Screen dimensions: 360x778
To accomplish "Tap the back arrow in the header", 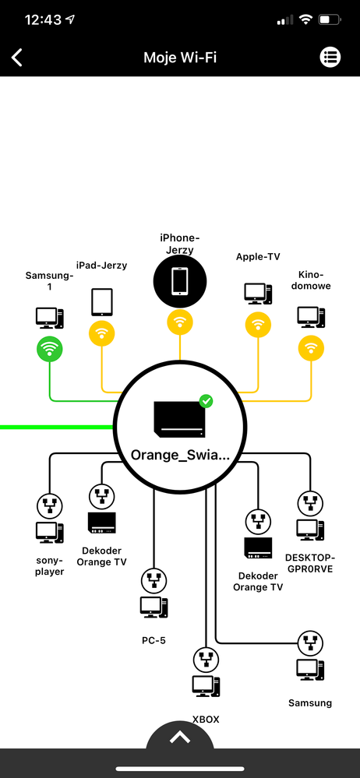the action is point(17,57).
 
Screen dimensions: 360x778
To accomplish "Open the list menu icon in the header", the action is point(330,57).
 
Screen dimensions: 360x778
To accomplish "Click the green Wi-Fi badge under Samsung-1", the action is point(50,349).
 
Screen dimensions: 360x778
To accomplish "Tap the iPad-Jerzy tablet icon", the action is point(102,302).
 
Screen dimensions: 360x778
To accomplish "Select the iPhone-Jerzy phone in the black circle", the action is point(180,281).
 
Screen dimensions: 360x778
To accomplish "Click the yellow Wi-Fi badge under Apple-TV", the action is point(258,325).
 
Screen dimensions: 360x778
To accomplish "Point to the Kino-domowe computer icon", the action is point(312,317).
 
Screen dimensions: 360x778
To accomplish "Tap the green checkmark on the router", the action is point(206,400).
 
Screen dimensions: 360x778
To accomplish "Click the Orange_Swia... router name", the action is point(180,455).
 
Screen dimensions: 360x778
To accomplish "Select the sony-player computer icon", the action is point(50,533).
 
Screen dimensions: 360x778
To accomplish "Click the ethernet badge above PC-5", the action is point(154,580).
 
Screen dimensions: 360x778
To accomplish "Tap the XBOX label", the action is point(206,719).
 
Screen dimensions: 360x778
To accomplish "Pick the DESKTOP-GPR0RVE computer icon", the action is point(311,530).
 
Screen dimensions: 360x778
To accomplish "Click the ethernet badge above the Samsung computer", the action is point(310,643).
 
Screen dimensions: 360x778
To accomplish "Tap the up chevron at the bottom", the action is point(180,738).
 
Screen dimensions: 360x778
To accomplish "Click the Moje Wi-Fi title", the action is point(180,58).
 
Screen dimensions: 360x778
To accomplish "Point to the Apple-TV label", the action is point(258,256).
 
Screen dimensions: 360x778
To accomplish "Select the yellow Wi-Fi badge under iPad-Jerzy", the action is point(102,333).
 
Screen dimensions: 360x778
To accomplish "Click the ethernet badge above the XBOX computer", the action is point(206,660).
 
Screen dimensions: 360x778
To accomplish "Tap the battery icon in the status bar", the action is point(330,19).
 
